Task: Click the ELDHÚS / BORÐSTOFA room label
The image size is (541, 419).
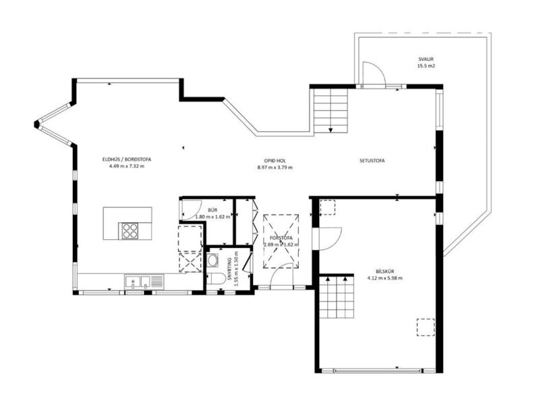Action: (x=129, y=159)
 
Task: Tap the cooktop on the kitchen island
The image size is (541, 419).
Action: (x=129, y=230)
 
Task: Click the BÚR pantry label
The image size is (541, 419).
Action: (x=212, y=211)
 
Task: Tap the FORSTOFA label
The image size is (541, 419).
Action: (x=280, y=238)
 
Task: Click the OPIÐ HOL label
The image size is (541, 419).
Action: (x=275, y=161)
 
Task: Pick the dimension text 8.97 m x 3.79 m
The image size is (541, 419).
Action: (x=275, y=167)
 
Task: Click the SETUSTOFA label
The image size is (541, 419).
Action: (x=372, y=161)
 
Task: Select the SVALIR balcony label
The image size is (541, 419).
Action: (x=424, y=59)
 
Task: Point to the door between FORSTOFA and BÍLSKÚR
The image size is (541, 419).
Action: (x=329, y=238)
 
